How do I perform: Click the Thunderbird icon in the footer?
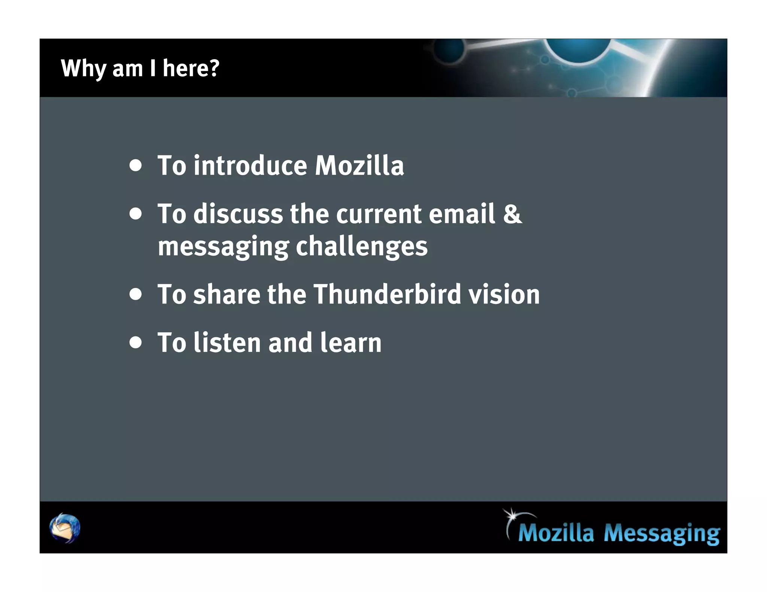coord(65,528)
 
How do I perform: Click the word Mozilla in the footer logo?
coord(556,533)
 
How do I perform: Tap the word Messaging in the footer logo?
coord(661,533)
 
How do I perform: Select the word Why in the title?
coord(83,69)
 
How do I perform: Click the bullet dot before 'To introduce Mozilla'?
coord(136,165)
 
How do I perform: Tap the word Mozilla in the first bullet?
coord(359,165)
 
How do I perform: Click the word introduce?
coord(250,165)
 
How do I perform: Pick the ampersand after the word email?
coord(512,214)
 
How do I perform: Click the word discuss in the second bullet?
coord(238,214)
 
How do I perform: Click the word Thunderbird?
coord(387,294)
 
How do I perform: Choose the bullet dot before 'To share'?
coord(136,294)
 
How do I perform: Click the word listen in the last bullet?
coord(227,342)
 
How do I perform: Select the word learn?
coord(351,342)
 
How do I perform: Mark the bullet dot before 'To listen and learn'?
coord(136,342)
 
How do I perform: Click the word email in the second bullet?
coord(462,214)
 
